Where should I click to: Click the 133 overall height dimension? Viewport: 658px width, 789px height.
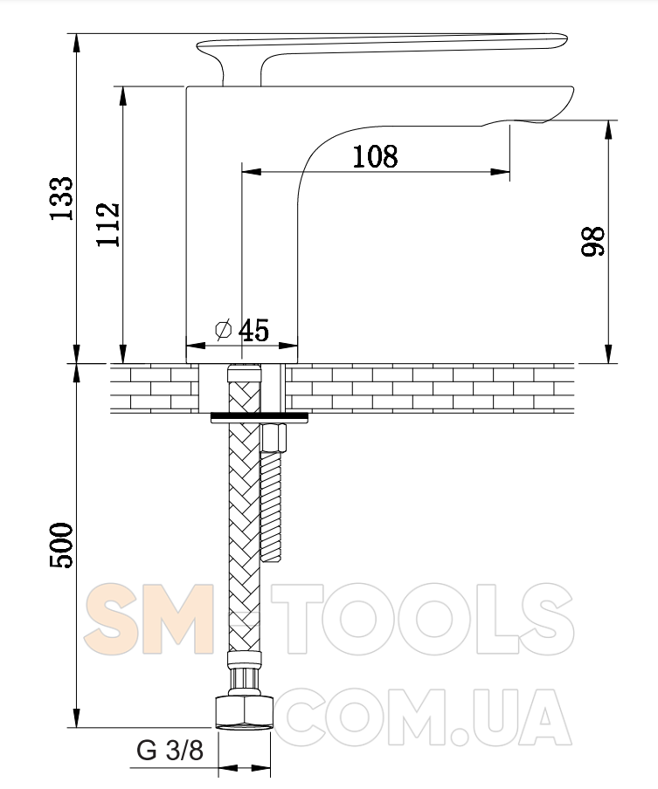coord(62,198)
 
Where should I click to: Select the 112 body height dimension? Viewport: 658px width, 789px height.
coord(108,224)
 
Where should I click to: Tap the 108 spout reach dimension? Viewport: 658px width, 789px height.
coord(375,156)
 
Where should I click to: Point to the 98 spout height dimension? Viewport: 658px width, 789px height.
coord(593,242)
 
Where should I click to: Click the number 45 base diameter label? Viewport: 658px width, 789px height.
coord(254,331)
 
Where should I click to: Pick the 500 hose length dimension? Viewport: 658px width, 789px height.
coord(61,545)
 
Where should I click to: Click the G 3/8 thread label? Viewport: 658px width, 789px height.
coord(170,751)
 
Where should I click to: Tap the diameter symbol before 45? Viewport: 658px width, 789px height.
coord(223,330)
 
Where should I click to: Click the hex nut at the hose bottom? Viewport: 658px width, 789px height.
coord(245,712)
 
